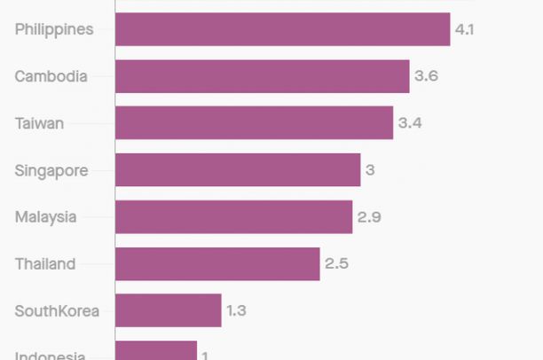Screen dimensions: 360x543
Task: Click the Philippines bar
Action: pyautogui.click(x=282, y=29)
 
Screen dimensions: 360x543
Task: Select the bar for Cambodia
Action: pyautogui.click(x=262, y=76)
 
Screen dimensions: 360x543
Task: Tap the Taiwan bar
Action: pyautogui.click(x=254, y=123)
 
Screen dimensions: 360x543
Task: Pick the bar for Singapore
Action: pyautogui.click(x=238, y=169)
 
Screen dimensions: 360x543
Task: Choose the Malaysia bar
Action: pyautogui.click(x=233, y=216)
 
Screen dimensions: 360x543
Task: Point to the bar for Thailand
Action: pyautogui.click(x=217, y=263)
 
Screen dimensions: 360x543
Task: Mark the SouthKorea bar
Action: pyautogui.click(x=168, y=310)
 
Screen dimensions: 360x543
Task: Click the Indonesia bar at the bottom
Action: pyautogui.click(x=155, y=351)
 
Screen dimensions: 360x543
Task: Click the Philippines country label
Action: pyautogui.click(x=54, y=29)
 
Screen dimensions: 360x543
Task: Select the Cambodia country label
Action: pyautogui.click(x=51, y=76)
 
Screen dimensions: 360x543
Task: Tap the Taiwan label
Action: pyautogui.click(x=39, y=123)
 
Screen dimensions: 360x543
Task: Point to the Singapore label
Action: pyautogui.click(x=51, y=170)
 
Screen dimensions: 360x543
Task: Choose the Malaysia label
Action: pyautogui.click(x=45, y=216)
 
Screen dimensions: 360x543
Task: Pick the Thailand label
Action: pyautogui.click(x=44, y=263)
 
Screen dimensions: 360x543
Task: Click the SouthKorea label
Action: pyautogui.click(x=57, y=310)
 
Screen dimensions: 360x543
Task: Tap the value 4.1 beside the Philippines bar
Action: pyautogui.click(x=465, y=29)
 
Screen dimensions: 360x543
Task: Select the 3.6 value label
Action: pyautogui.click(x=426, y=76)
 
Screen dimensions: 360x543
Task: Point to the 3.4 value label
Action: pyautogui.click(x=409, y=123)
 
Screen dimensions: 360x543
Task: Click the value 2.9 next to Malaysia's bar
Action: pyautogui.click(x=368, y=216)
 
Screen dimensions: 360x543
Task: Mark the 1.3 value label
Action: pyautogui.click(x=236, y=310)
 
